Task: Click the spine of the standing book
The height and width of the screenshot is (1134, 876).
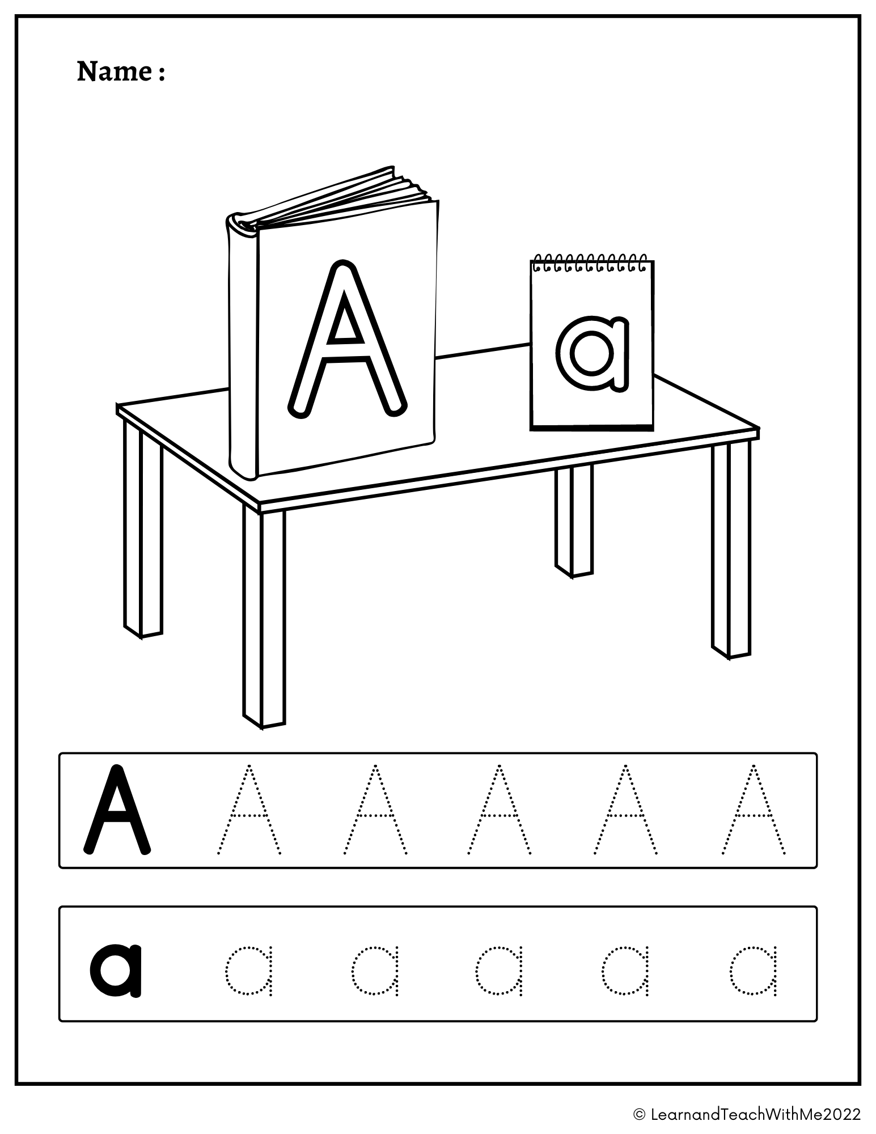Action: click(242, 346)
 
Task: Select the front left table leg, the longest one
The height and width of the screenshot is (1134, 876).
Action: click(264, 618)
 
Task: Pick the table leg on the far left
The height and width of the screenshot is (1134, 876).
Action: click(142, 530)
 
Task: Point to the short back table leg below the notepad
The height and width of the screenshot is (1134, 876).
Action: click(574, 519)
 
